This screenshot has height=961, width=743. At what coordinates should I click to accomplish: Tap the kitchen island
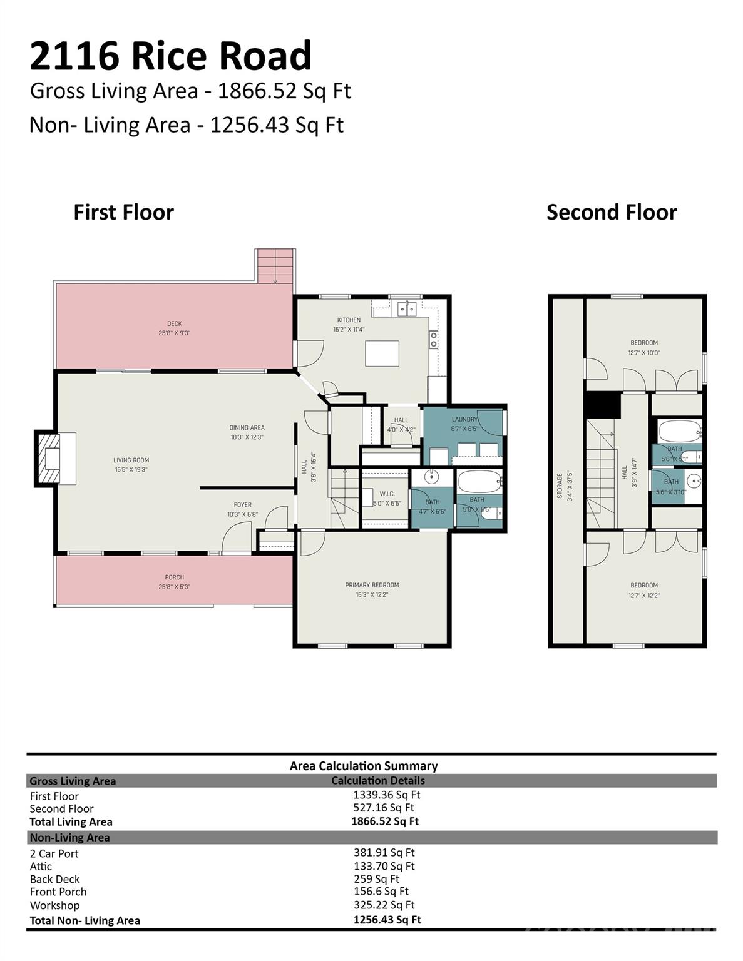coord(382,353)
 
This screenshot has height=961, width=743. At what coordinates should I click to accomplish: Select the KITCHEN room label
coord(349,320)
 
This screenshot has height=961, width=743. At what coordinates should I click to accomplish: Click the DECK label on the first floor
coord(174,324)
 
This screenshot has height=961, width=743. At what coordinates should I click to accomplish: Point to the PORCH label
coord(174,577)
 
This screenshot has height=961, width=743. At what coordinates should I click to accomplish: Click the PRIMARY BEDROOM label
coord(372,586)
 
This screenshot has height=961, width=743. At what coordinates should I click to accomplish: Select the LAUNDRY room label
coord(464,420)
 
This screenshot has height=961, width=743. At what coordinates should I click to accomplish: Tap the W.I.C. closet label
coord(386,494)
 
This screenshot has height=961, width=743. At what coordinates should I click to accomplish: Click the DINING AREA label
coord(247,428)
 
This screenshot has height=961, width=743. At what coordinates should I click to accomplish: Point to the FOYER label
coord(242,505)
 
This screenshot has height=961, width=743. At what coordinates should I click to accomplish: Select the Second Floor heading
coord(612,212)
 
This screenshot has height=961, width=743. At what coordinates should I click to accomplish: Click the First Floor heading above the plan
coord(123,212)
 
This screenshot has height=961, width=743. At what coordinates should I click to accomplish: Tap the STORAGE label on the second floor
coord(560,485)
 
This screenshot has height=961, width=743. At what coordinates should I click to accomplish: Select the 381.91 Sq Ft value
coord(384,852)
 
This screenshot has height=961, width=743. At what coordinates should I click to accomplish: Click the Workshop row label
coord(54,905)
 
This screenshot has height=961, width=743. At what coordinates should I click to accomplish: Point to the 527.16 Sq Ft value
coord(384,808)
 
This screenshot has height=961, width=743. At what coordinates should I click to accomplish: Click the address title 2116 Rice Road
coord(170,56)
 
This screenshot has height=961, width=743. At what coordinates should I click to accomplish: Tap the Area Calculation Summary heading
coord(363,766)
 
